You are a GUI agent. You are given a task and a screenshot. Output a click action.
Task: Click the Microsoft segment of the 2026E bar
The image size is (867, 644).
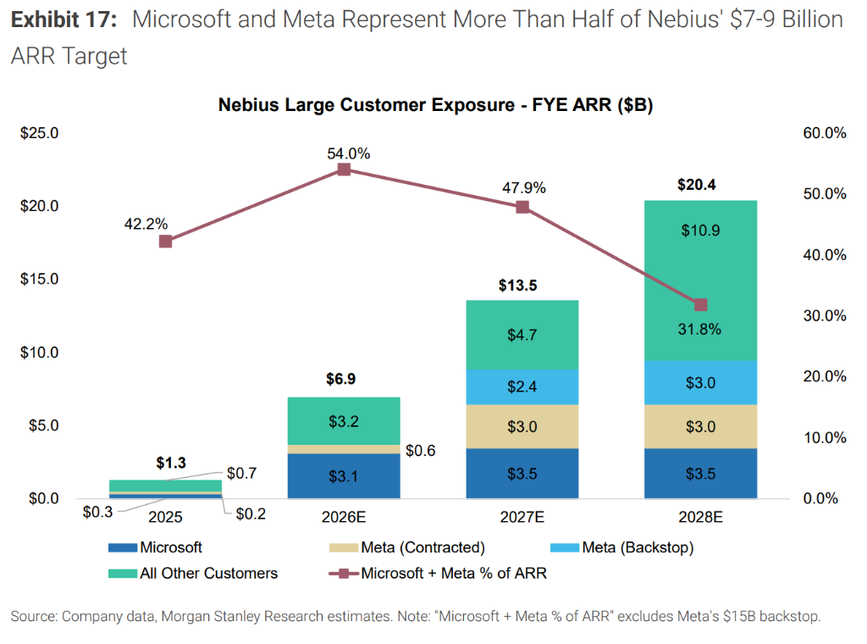click(344, 475)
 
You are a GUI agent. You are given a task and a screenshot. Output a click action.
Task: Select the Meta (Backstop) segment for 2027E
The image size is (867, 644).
click(522, 386)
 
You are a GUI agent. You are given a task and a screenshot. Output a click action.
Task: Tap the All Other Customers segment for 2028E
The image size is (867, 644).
click(701, 280)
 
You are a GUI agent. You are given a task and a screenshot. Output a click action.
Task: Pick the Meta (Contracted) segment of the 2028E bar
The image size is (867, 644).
click(701, 426)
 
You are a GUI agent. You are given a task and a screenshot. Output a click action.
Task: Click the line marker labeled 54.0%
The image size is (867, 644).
click(344, 169)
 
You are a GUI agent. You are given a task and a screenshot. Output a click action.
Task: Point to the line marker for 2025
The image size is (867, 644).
click(166, 241)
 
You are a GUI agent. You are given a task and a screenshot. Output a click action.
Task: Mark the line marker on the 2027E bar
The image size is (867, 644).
click(522, 207)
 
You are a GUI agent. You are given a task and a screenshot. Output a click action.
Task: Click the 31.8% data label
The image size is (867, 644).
click(701, 330)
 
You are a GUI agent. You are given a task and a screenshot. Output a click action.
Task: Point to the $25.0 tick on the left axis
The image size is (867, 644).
click(39, 133)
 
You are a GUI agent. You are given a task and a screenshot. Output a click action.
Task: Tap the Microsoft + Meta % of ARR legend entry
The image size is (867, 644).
click(453, 574)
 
